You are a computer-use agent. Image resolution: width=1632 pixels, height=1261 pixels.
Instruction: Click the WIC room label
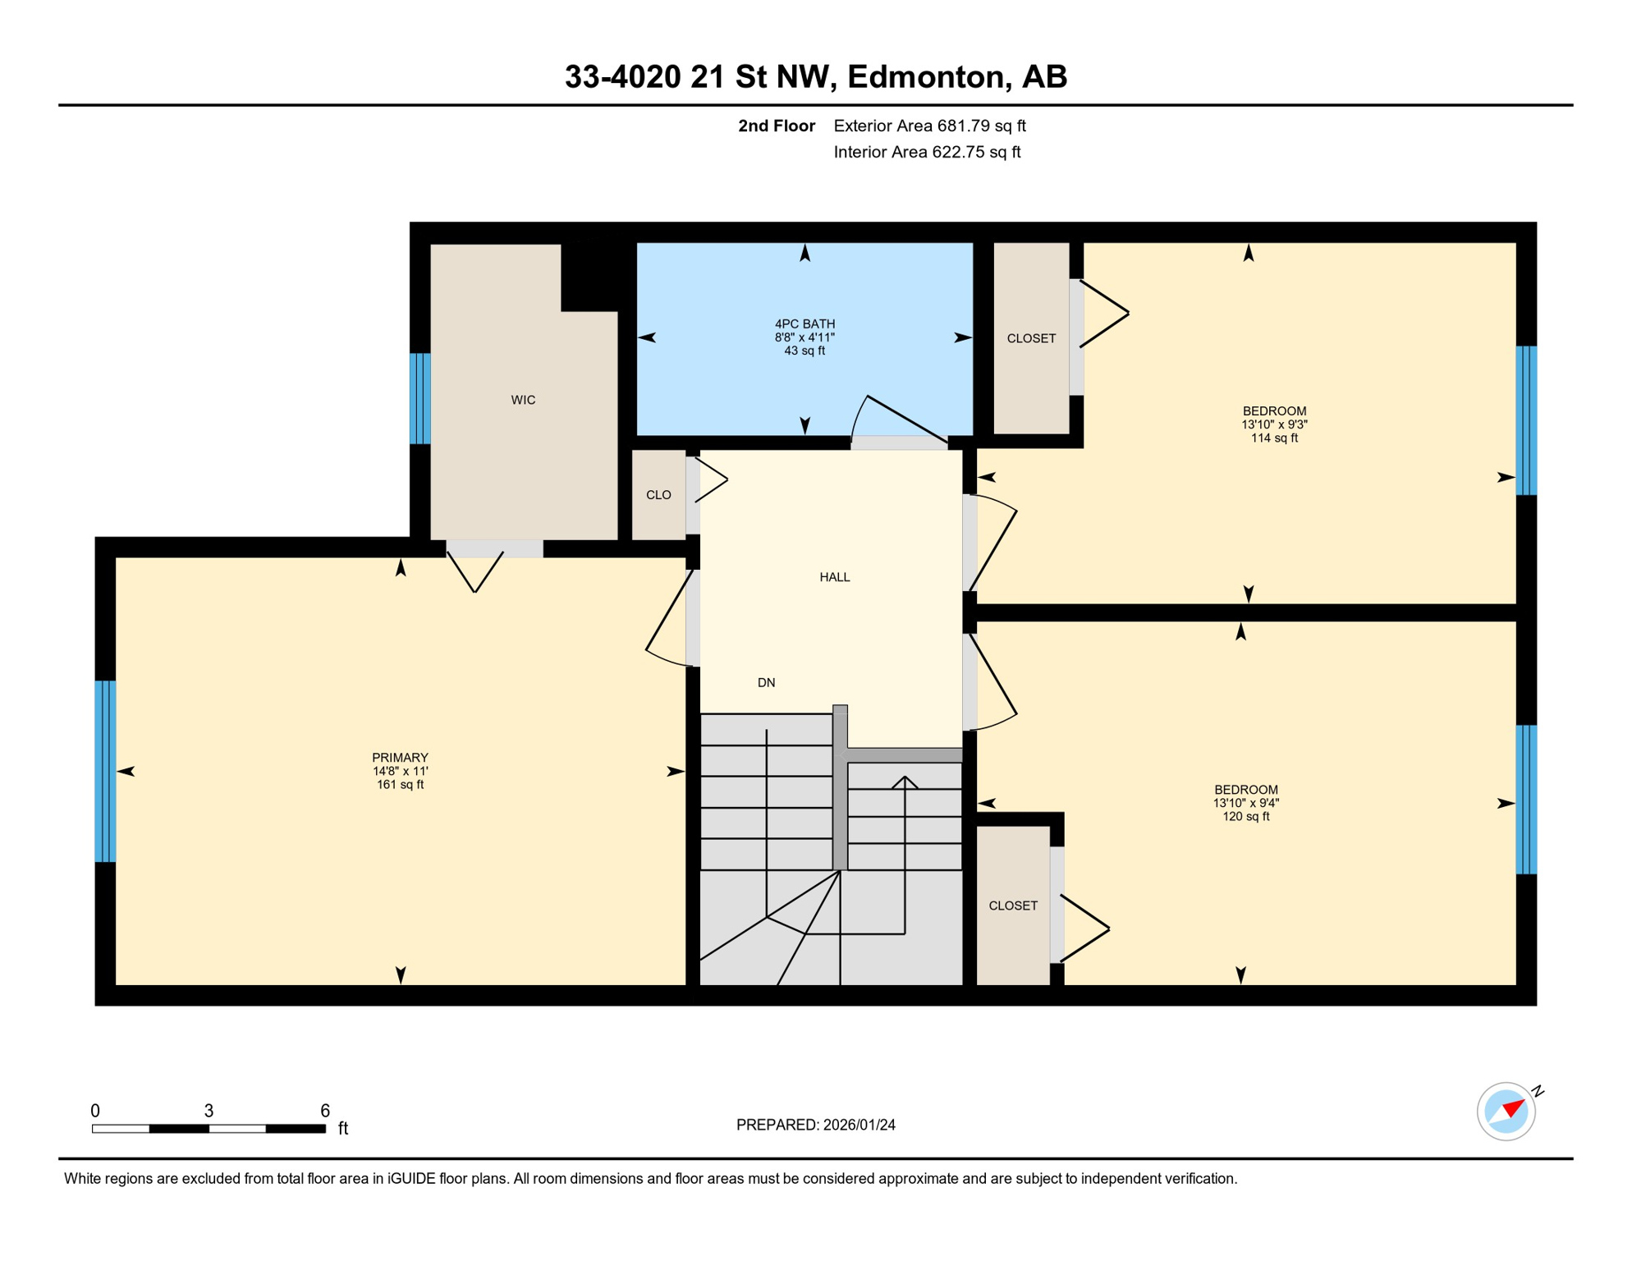523,400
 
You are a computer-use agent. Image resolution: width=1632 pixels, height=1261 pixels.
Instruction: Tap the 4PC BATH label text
805,323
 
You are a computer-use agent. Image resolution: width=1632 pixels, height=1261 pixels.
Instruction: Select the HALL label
834,577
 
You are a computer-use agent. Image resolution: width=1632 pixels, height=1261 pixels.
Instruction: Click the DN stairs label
766,682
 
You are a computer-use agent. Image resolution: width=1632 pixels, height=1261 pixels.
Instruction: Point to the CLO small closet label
658,495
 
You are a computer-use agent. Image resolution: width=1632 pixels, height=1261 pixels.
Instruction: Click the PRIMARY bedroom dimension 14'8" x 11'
400,771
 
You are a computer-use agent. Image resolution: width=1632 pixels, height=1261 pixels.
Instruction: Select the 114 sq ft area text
1274,438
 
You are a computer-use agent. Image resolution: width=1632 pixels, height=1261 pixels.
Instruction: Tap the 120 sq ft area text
1246,817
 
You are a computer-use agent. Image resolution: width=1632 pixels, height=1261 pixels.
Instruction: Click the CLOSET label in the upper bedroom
1031,338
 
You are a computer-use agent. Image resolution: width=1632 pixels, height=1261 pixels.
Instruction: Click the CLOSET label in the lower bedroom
1013,906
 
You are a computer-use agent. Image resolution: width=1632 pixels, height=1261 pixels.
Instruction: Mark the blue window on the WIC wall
420,398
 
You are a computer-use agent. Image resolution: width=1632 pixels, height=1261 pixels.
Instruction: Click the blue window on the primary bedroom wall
105,771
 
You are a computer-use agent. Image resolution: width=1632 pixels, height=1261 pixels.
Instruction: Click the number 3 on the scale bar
209,1111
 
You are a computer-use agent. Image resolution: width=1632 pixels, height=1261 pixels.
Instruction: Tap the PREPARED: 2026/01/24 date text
815,1125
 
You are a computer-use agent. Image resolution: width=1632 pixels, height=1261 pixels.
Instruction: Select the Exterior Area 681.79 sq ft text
929,126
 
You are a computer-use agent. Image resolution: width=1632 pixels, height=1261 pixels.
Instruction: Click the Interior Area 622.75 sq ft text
927,152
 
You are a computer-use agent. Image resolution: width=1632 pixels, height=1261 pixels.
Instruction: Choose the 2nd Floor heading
776,126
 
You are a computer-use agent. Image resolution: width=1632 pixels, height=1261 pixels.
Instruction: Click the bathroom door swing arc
858,415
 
